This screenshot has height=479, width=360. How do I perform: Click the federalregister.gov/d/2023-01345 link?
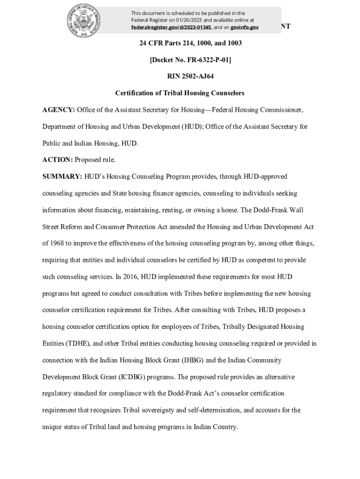[171, 28]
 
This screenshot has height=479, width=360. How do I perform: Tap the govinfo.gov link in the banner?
[245, 28]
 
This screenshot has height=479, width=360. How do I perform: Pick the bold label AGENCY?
[58, 110]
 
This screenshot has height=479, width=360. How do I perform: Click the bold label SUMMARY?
[63, 177]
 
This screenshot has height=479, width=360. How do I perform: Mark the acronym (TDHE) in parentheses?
[78, 343]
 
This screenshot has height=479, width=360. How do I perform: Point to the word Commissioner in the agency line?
[278, 110]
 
